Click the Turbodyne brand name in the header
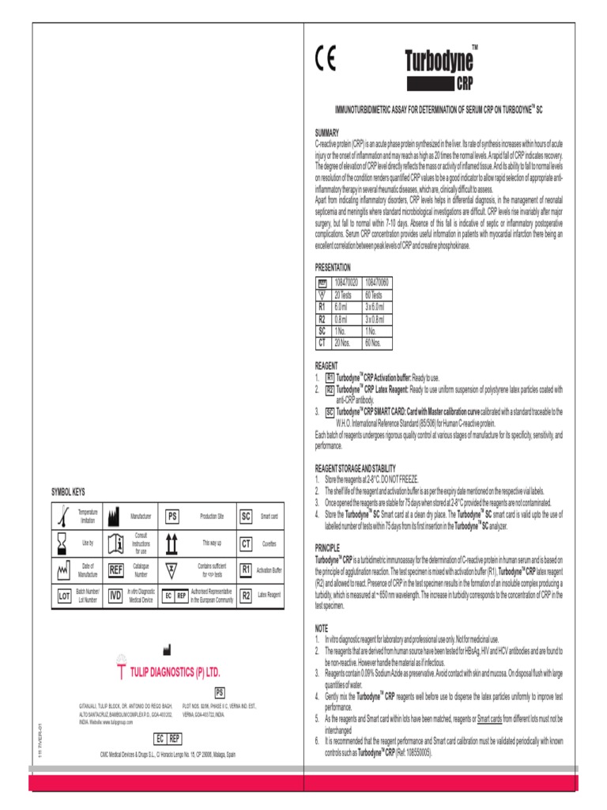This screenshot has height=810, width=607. coord(439,61)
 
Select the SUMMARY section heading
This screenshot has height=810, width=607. coord(327,133)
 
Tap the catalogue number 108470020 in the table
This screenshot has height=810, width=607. coord(346,282)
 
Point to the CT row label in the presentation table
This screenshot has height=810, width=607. coord(322,343)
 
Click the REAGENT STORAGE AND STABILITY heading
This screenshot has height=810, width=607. coord(355,468)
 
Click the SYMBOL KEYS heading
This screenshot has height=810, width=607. coord(69,492)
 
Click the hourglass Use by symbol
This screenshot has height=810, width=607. coord(61,543)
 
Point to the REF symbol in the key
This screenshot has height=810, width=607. coord(115,570)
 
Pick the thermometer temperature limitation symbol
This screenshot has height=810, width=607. coord(62,517)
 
